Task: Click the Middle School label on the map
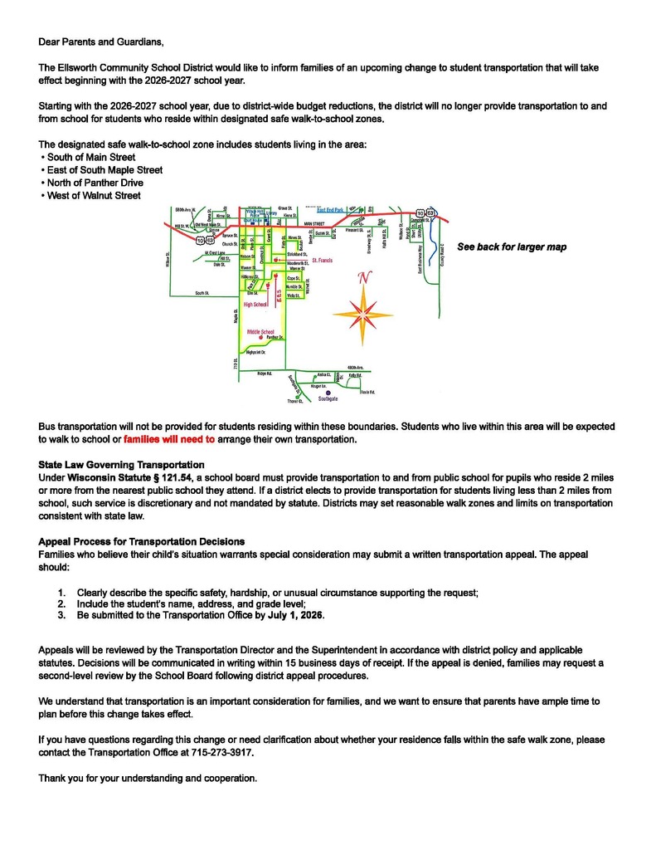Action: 260,331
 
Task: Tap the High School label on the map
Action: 255,305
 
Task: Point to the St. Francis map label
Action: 323,260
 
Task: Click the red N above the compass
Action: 362,280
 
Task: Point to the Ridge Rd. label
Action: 265,374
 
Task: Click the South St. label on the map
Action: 202,293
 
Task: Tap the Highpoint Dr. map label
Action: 249,352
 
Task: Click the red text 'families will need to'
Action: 169,439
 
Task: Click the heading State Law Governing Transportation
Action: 122,464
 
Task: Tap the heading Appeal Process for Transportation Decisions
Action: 142,541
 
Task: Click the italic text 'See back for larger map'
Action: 512,247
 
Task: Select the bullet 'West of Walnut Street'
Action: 94,195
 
